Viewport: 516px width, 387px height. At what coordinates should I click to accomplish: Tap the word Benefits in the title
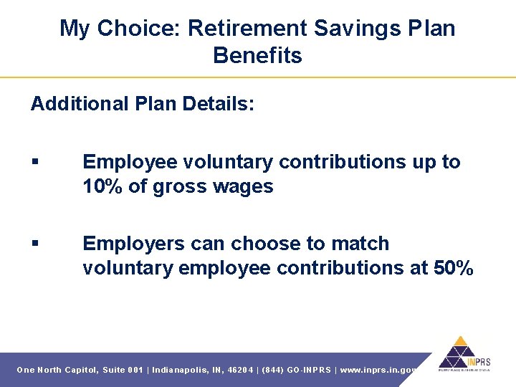(x=257, y=56)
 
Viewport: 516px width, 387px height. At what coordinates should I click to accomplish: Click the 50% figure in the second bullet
(x=454, y=269)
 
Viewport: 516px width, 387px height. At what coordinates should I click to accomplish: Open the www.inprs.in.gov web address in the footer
(x=378, y=370)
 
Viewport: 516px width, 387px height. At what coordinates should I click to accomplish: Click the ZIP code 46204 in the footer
(x=240, y=370)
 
